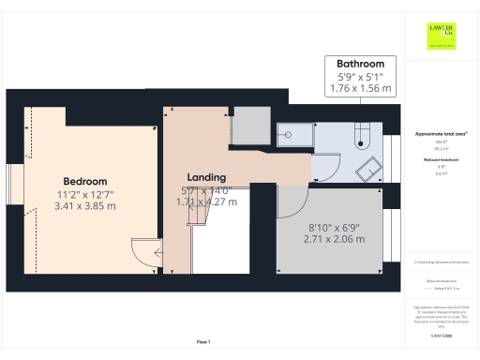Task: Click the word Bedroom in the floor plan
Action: pyautogui.click(x=85, y=181)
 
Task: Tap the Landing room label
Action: pyautogui.click(x=205, y=177)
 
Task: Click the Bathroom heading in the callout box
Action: pyautogui.click(x=359, y=63)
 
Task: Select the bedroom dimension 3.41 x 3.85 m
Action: pyautogui.click(x=85, y=205)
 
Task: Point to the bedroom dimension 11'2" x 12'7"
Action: pyautogui.click(x=85, y=193)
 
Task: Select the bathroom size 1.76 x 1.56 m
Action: pyautogui.click(x=359, y=89)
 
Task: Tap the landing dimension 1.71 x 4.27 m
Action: pyautogui.click(x=208, y=201)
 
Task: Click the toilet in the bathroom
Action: pyautogui.click(x=363, y=142)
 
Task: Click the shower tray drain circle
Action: pyautogui.click(x=289, y=134)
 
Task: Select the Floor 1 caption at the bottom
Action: pyautogui.click(x=203, y=341)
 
